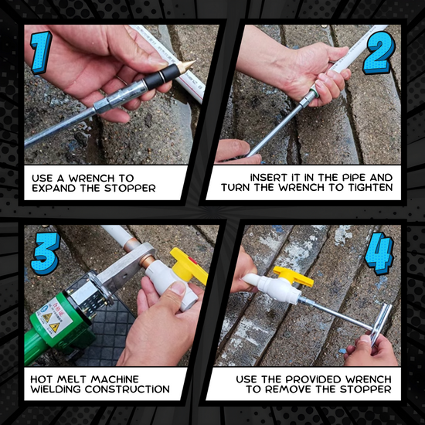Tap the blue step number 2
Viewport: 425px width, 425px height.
pyautogui.click(x=379, y=53)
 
